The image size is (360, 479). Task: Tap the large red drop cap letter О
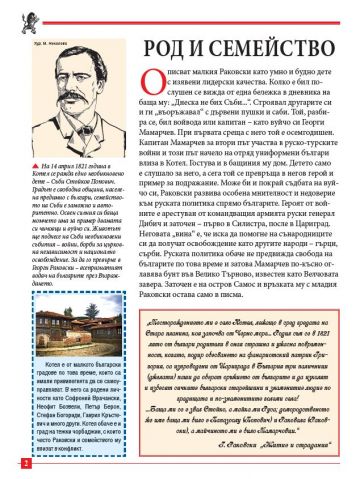pyautogui.click(x=153, y=91)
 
